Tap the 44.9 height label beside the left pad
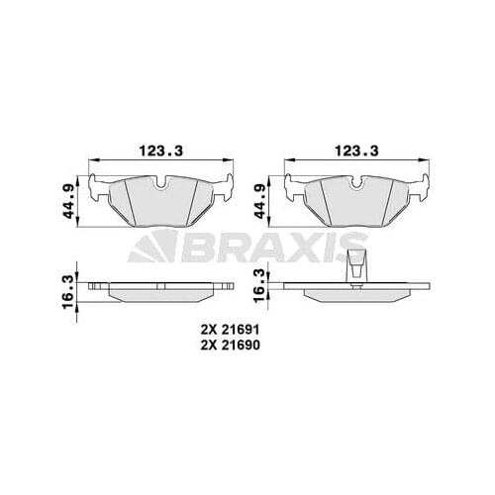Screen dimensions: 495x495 [x=67, y=201]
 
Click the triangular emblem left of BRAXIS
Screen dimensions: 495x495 [x=153, y=246]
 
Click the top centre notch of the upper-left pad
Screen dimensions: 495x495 [x=160, y=181]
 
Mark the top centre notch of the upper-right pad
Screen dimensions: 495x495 [x=355, y=181]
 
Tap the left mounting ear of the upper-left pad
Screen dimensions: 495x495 [x=97, y=184]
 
